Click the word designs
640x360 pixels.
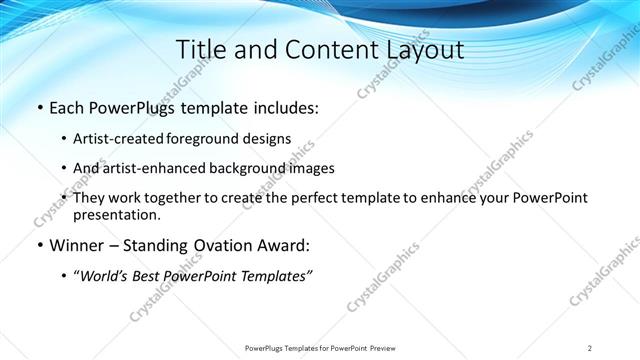tap(267, 139)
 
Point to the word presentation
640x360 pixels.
tap(117, 214)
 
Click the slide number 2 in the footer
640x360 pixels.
tap(590, 348)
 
